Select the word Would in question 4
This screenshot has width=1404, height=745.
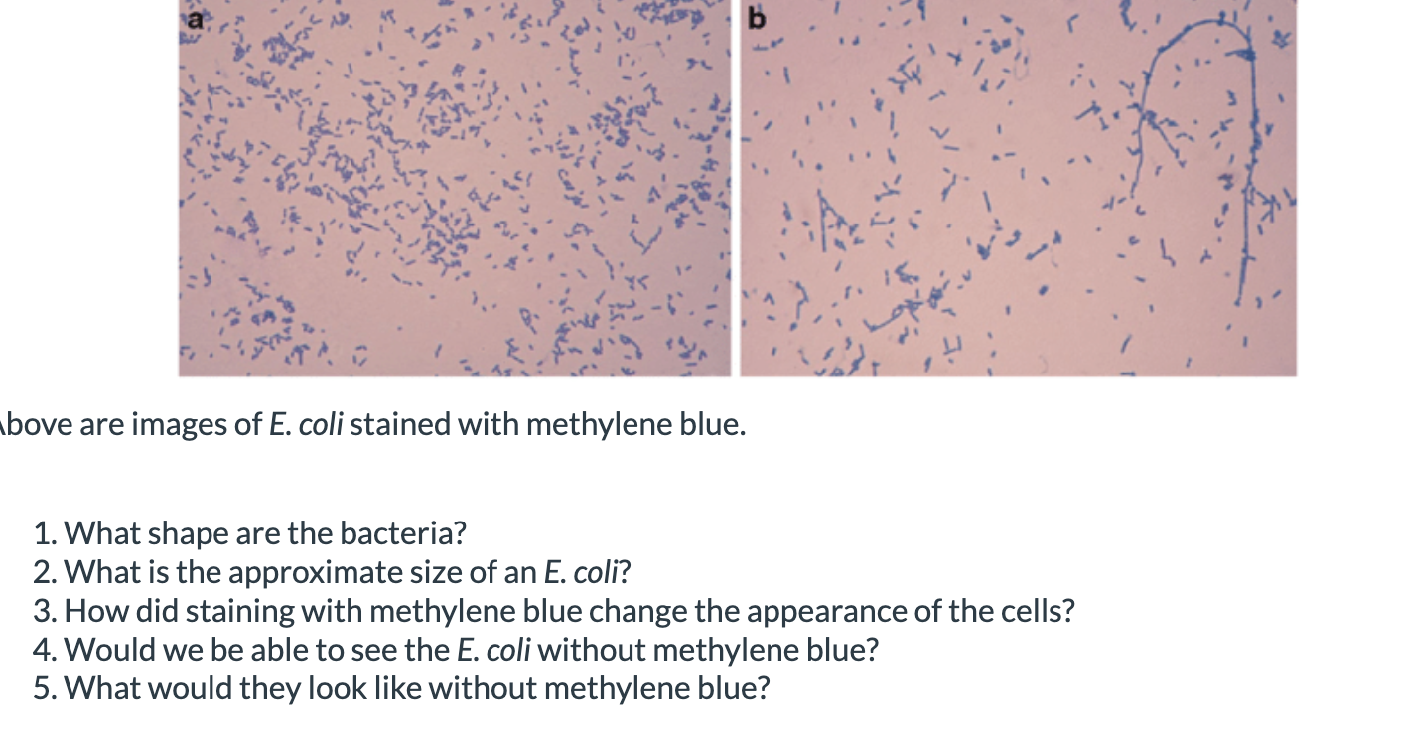pos(106,650)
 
